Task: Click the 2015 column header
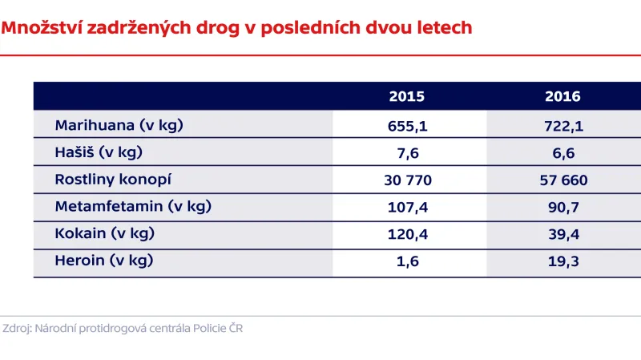click(407, 97)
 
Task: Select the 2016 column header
click(562, 97)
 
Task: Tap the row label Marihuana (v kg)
click(120, 125)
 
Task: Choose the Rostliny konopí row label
click(113, 180)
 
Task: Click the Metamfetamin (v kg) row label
click(133, 207)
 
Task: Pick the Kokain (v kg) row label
click(104, 234)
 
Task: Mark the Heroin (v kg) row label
click(103, 261)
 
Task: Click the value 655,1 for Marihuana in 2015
click(407, 126)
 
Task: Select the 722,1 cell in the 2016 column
click(562, 126)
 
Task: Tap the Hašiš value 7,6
click(407, 153)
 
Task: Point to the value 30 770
click(407, 180)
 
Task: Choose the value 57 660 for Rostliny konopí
click(562, 180)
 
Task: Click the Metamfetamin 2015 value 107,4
click(407, 208)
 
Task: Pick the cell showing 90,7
click(562, 208)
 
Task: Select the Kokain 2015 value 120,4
click(407, 235)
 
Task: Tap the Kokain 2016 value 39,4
click(562, 235)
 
